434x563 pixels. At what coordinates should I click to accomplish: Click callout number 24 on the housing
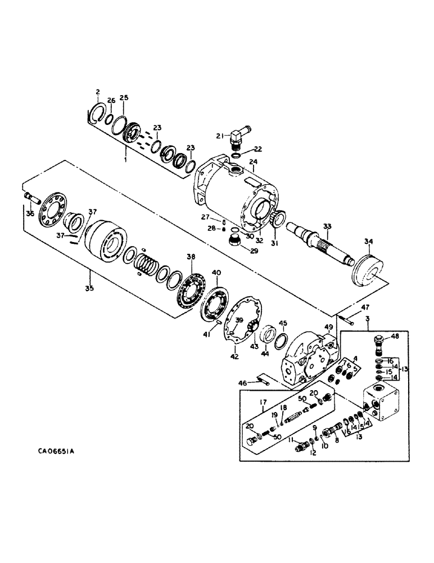tap(254, 162)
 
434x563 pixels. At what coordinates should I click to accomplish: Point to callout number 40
tap(216, 273)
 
